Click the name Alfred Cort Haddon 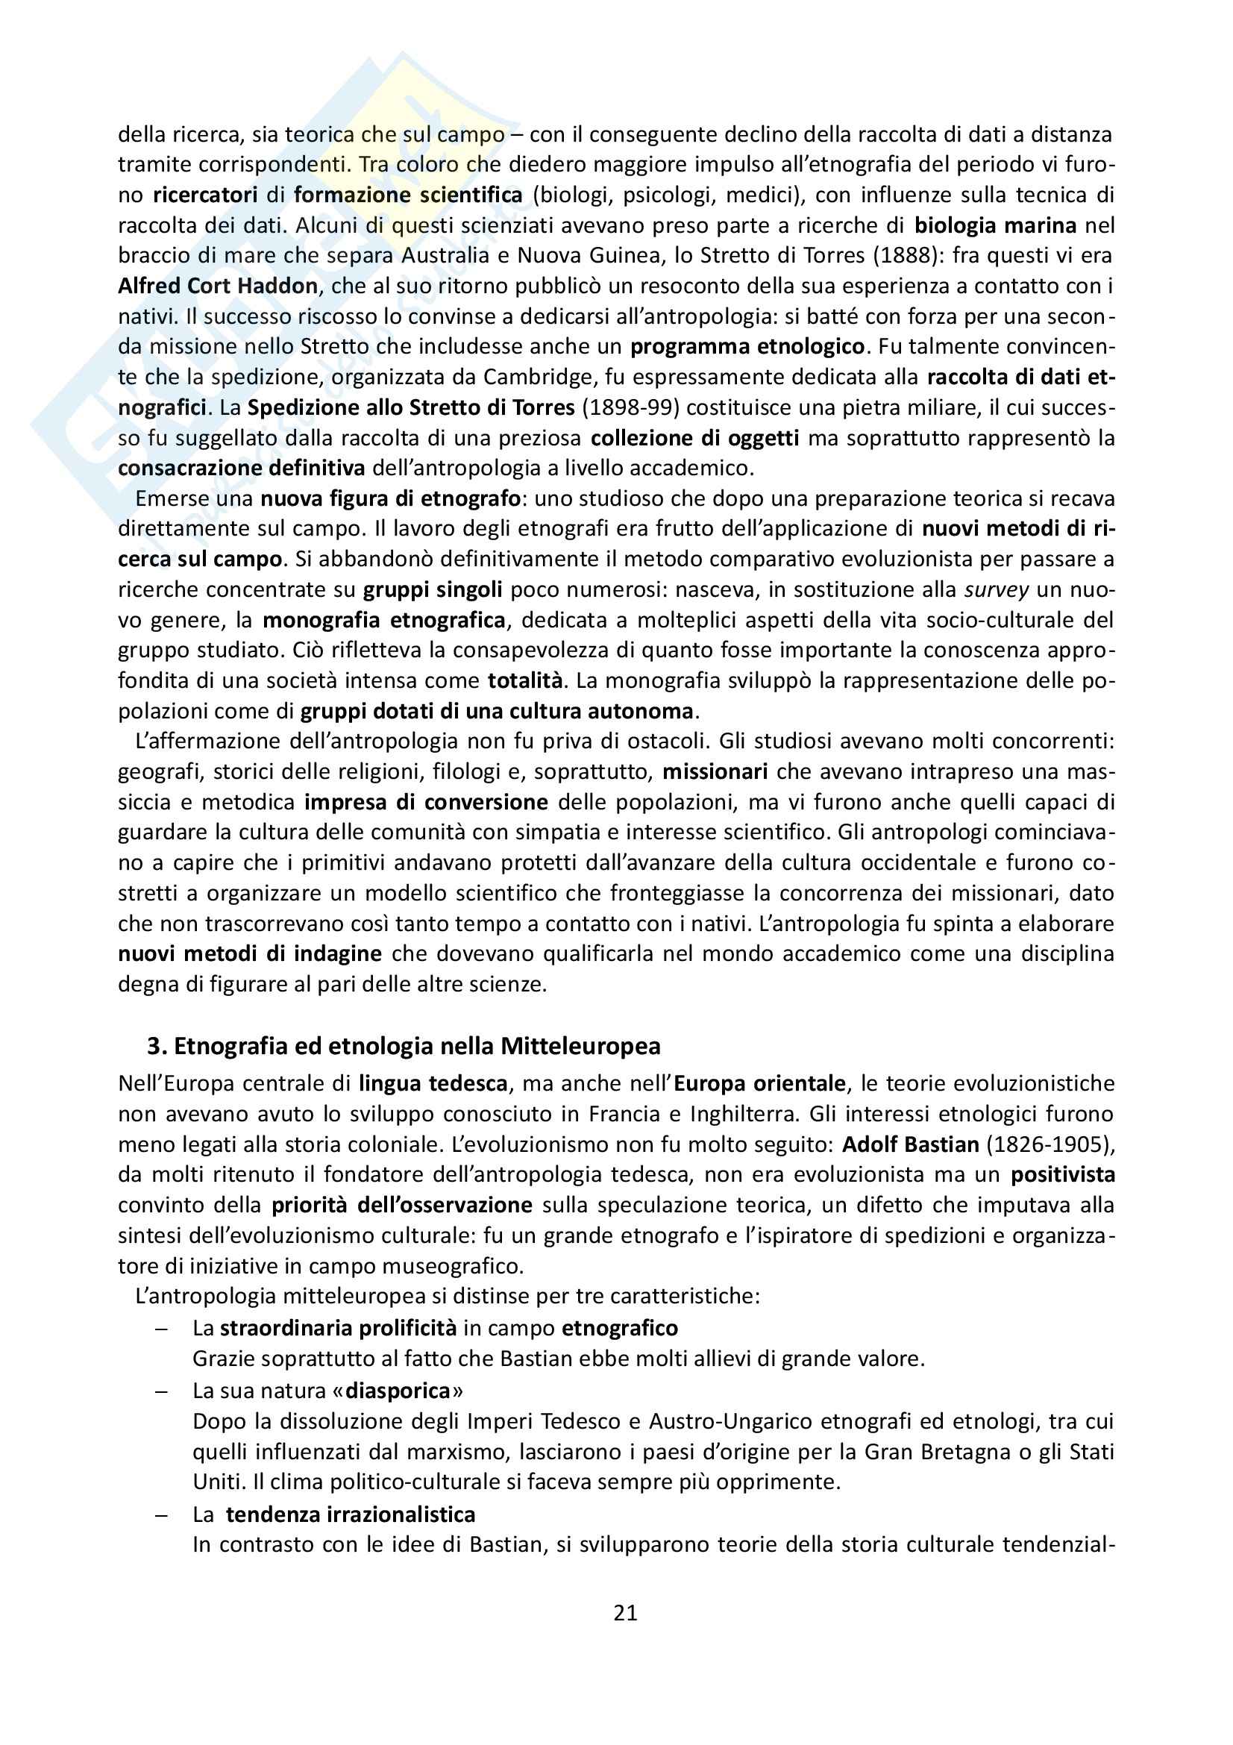point(218,286)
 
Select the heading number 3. point(156,1047)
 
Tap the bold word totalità point(525,680)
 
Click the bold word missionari point(715,771)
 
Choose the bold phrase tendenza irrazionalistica point(351,1514)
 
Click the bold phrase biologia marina point(995,225)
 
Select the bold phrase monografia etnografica point(383,620)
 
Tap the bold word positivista point(1062,1174)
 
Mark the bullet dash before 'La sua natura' point(160,1391)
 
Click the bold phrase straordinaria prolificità point(338,1328)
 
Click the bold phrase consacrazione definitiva point(242,469)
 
